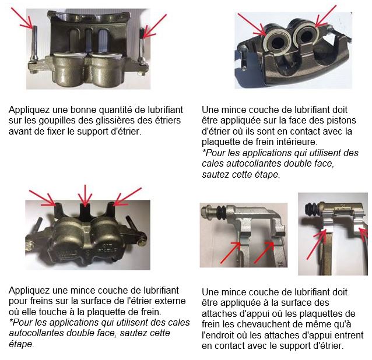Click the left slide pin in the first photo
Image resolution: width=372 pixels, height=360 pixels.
pyautogui.click(x=34, y=44)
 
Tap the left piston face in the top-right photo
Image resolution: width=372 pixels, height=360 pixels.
pyautogui.click(x=276, y=42)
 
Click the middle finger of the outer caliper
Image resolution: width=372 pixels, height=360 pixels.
pyautogui.click(x=85, y=211)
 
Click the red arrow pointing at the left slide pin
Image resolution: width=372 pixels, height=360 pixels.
pyautogui.click(x=22, y=18)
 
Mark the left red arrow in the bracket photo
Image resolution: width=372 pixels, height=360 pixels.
pyautogui.click(x=230, y=252)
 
